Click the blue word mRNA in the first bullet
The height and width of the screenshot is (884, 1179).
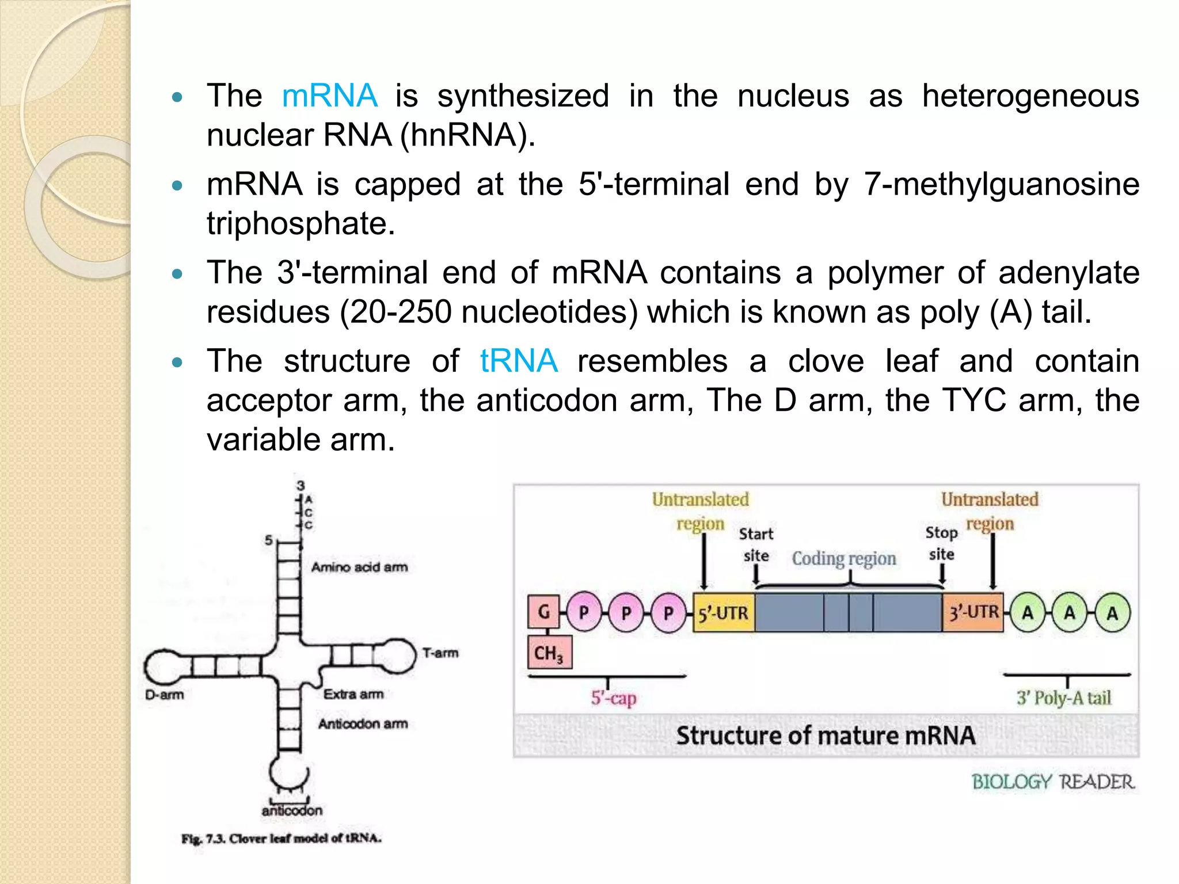coord(329,96)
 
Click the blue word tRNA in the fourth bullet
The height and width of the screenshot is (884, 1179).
coord(518,361)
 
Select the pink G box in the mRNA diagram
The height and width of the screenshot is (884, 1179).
coord(543,612)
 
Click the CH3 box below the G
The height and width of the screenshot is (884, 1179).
coord(549,653)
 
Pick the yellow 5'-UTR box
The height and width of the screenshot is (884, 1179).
coord(723,613)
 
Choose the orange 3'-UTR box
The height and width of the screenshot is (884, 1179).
coord(973,612)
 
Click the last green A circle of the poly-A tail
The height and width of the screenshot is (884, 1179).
coord(1112,613)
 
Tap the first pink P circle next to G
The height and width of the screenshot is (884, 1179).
coord(584,612)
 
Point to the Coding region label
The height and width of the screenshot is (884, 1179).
coord(844,558)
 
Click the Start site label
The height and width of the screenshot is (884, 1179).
coord(756,544)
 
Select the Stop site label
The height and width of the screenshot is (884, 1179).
coord(941,543)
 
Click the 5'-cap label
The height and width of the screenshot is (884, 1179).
coord(614,698)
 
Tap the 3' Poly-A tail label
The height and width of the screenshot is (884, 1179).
coord(1063,698)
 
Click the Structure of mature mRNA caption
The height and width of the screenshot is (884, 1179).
coord(825,736)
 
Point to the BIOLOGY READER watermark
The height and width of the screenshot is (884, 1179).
coord(1053,782)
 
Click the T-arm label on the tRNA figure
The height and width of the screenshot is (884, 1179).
coord(440,653)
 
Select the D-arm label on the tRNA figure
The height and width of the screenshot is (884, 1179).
coord(164,695)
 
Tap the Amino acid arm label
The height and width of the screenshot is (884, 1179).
coord(359,567)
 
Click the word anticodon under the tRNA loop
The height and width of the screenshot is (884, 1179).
coord(292,810)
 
